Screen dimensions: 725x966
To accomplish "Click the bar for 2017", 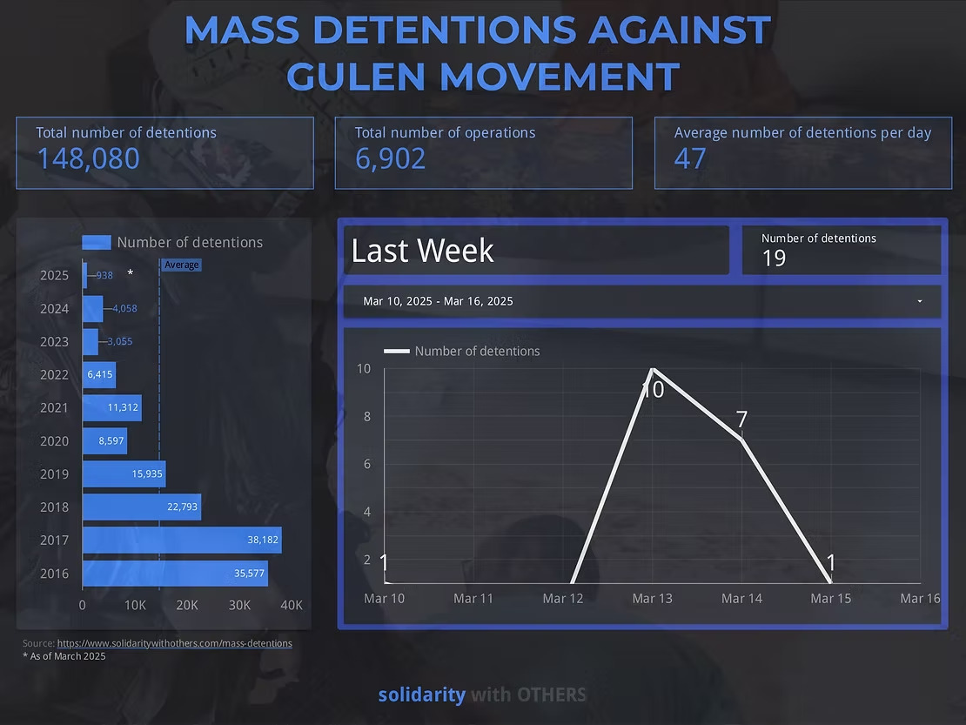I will coord(181,540).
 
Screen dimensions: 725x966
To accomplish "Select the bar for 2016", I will coord(174,573).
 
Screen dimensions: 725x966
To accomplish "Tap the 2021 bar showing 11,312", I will coord(111,407).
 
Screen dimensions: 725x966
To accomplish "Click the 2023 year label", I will coord(54,341).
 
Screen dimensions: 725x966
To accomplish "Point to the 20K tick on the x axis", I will coord(187,605).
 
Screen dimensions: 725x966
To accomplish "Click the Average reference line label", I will coord(181,265).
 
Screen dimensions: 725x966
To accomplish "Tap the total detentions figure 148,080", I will coord(88,158).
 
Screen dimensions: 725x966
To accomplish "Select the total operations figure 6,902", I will coord(390,158).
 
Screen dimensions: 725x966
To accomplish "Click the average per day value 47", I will coord(690,158).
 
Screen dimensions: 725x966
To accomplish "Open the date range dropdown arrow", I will coord(920,301).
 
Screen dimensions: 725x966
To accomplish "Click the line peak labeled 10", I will coord(652,369).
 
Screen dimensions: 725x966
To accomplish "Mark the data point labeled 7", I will coord(741,440).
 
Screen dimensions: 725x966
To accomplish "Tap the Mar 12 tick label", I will coord(562,598).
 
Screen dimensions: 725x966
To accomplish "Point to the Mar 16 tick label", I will coord(920,598).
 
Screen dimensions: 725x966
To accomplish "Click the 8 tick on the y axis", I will coord(366,416).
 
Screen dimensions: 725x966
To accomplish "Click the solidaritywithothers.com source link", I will coord(174,643).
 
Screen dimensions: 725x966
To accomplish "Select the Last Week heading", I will coord(422,251).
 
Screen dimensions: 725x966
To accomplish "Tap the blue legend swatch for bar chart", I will coord(97,243).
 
